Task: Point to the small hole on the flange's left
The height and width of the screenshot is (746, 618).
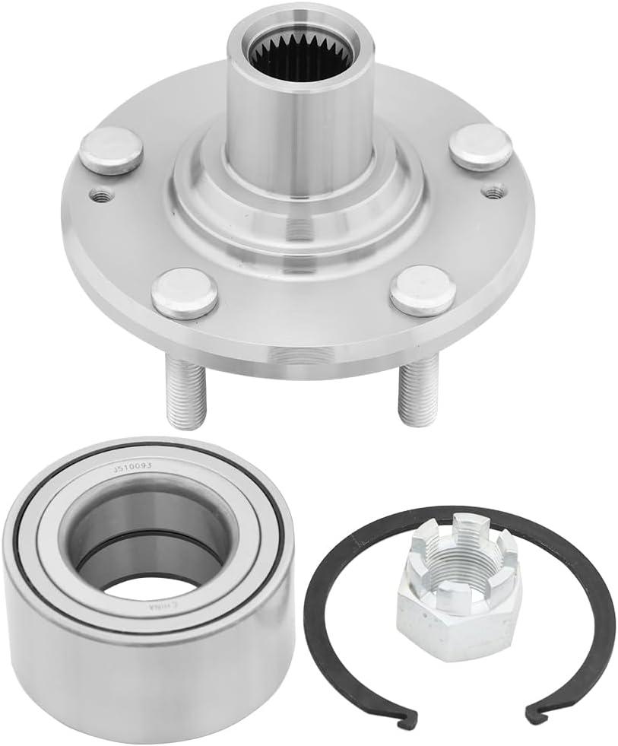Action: coord(97,195)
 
